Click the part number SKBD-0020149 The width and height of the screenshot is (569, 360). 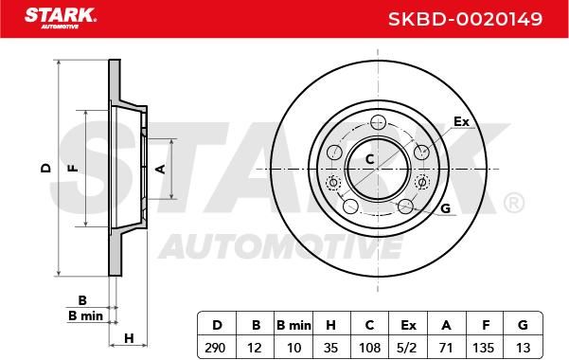(465, 19)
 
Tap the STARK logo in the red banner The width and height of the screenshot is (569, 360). (61, 18)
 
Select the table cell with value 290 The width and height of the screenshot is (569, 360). (215, 348)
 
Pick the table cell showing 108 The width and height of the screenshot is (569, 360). (369, 348)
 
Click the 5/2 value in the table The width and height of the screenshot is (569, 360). (407, 348)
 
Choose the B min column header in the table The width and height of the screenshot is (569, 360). (293, 325)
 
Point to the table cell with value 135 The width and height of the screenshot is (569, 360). (484, 348)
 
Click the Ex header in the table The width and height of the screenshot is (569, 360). (408, 325)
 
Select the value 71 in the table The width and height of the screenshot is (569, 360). (446, 348)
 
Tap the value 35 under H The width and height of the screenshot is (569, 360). (330, 348)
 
